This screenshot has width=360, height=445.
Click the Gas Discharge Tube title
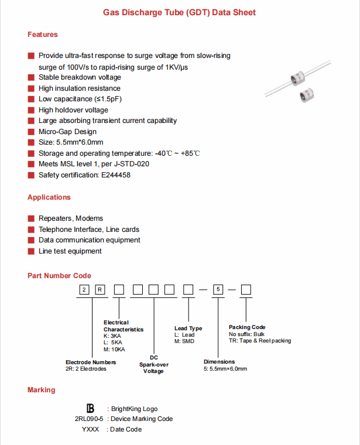[179, 12]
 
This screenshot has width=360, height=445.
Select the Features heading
[43, 35]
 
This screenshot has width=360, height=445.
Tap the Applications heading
[49, 197]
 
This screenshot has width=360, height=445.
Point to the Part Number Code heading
[59, 276]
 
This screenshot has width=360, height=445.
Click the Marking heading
[42, 390]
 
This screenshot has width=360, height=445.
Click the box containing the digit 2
[85, 290]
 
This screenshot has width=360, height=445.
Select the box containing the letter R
[100, 290]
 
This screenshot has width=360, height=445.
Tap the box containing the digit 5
[218, 290]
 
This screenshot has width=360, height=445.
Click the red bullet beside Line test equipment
[31, 251]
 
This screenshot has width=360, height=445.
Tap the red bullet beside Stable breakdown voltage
[31, 77]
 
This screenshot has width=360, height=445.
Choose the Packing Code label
[247, 327]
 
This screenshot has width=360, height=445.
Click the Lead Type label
[188, 328]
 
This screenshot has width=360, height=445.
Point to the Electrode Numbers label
[91, 362]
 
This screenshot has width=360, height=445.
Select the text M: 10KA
[115, 350]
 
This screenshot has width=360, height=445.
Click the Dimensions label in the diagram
[220, 362]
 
